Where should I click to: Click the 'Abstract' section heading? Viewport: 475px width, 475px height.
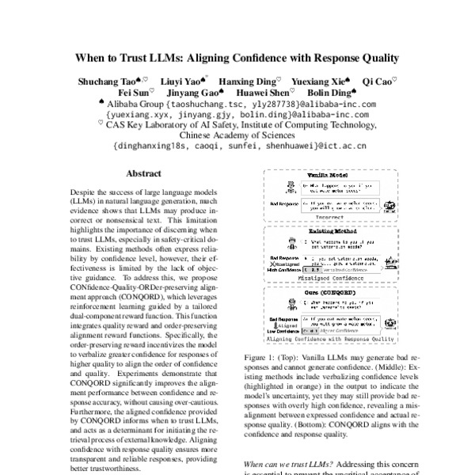[x=146, y=173]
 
